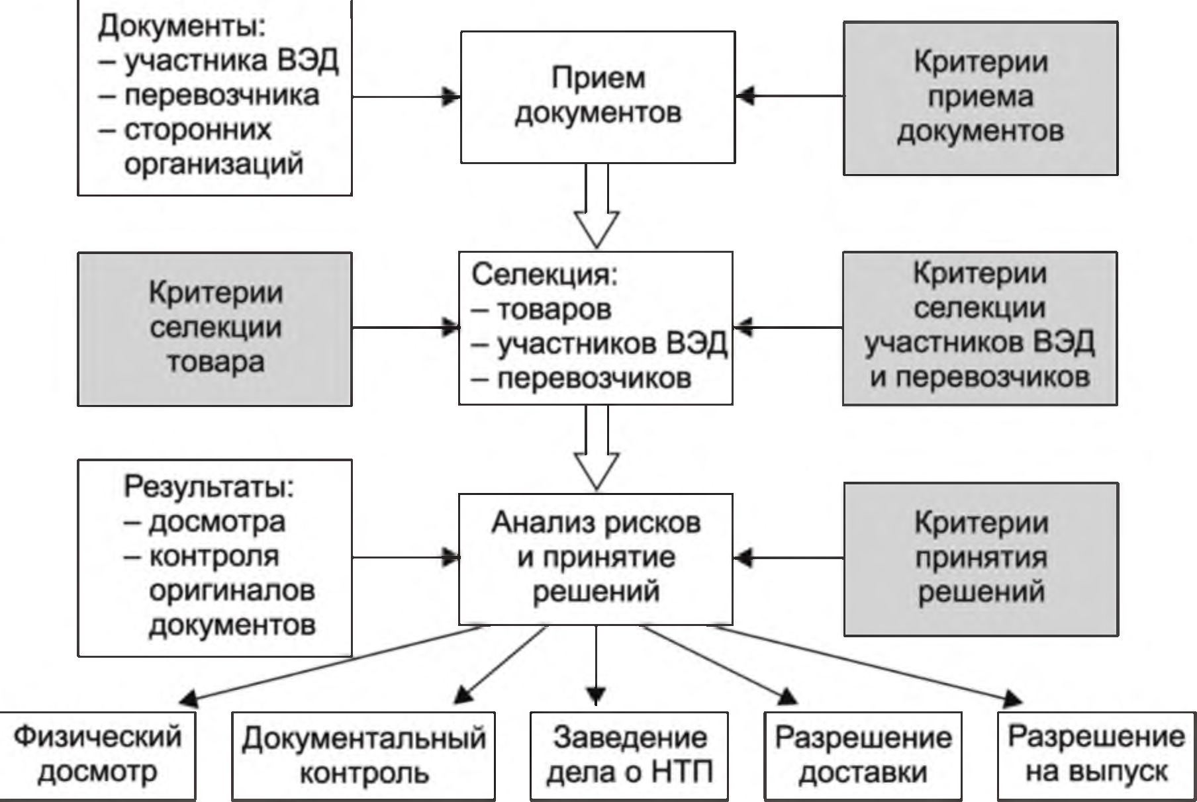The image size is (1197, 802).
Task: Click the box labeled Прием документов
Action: pyautogui.click(x=597, y=97)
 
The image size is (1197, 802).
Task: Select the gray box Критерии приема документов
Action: pyautogui.click(x=980, y=98)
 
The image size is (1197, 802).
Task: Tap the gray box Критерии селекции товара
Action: pyautogui.click(x=215, y=328)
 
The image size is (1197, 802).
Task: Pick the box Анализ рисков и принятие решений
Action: pyautogui.click(x=596, y=558)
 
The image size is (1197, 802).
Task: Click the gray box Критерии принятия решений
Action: pyautogui.click(x=981, y=558)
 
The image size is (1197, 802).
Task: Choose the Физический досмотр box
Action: pyautogui.click(x=97, y=755)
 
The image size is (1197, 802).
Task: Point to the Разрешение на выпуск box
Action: pyautogui.click(x=1096, y=755)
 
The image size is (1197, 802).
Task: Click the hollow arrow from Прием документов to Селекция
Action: pyautogui.click(x=597, y=208)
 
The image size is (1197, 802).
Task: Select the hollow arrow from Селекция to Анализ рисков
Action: pyautogui.click(x=597, y=450)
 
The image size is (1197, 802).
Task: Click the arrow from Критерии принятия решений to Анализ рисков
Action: pyautogui.click(x=788, y=558)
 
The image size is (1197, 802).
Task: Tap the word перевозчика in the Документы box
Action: pyautogui.click(x=221, y=96)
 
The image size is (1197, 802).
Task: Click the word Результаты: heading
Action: pyautogui.click(x=209, y=488)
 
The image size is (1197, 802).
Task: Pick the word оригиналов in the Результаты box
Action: pyautogui.click(x=232, y=591)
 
